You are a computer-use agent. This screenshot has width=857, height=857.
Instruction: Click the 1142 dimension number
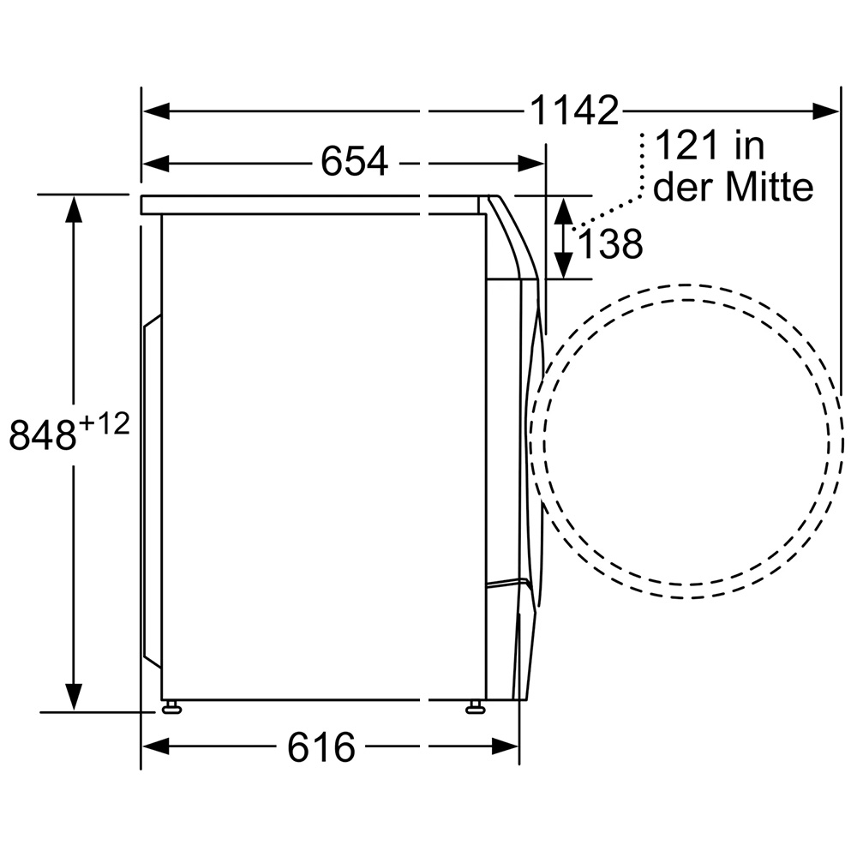tap(574, 111)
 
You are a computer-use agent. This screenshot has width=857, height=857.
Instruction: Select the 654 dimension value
tap(354, 162)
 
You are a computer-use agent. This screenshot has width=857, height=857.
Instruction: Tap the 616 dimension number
tap(321, 747)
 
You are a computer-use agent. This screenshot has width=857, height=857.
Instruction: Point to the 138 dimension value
tap(610, 243)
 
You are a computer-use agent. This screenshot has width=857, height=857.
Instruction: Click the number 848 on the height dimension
tap(43, 435)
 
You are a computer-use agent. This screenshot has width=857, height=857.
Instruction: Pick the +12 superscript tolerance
tap(105, 424)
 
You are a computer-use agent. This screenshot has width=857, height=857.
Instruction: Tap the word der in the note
tap(686, 187)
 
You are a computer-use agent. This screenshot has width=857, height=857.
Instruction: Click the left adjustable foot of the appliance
tap(171, 706)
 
